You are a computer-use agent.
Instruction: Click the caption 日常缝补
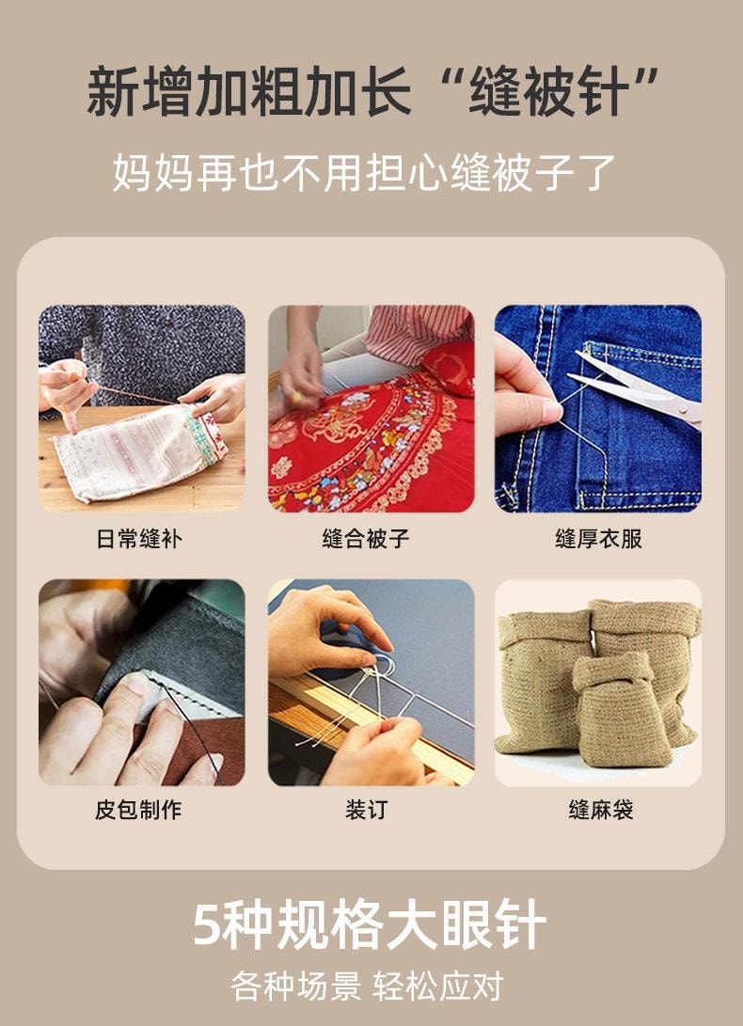[139, 540]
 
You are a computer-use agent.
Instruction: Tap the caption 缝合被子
[366, 540]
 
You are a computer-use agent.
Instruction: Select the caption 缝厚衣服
[598, 540]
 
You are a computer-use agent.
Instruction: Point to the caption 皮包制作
[139, 810]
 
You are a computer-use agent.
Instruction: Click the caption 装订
[366, 810]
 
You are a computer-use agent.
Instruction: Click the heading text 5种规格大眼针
[370, 925]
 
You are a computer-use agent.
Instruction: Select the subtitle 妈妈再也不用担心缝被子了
[365, 173]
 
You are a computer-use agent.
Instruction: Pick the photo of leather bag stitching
[141, 683]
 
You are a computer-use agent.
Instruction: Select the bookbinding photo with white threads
[371, 683]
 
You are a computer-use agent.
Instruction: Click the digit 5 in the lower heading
[209, 925]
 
